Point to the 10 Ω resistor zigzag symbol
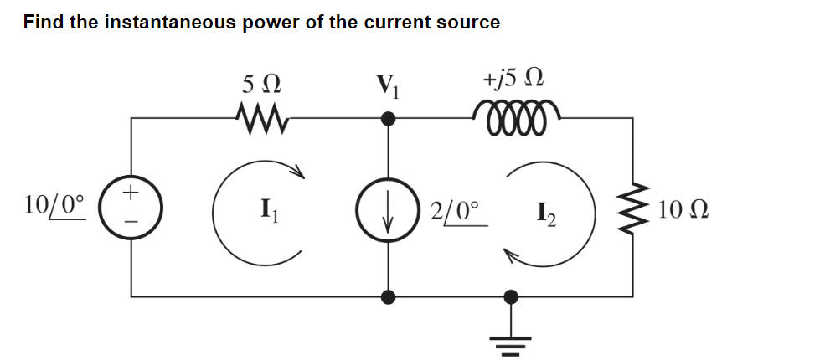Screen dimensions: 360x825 [633, 208]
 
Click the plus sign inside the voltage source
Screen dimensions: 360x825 [131, 193]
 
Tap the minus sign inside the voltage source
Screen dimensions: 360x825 [131, 220]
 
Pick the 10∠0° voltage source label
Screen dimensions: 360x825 [55, 203]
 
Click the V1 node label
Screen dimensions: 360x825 [389, 85]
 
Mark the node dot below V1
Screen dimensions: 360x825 [388, 119]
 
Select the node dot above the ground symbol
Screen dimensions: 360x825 [511, 296]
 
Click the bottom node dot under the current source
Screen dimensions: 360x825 [388, 296]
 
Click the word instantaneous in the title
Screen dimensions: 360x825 [172, 23]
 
